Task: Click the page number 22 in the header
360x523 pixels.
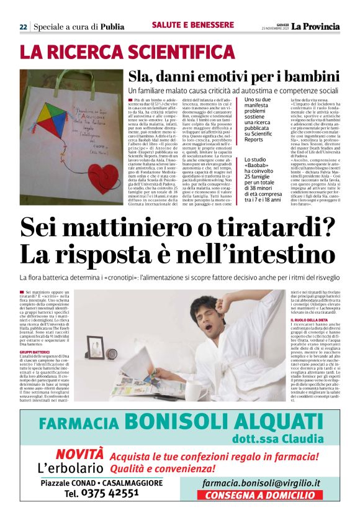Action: [x=23, y=27]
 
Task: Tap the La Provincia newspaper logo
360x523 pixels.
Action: [x=317, y=26]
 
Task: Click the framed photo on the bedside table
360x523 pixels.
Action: [x=96, y=343]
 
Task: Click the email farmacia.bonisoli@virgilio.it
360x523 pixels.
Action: [x=266, y=483]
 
